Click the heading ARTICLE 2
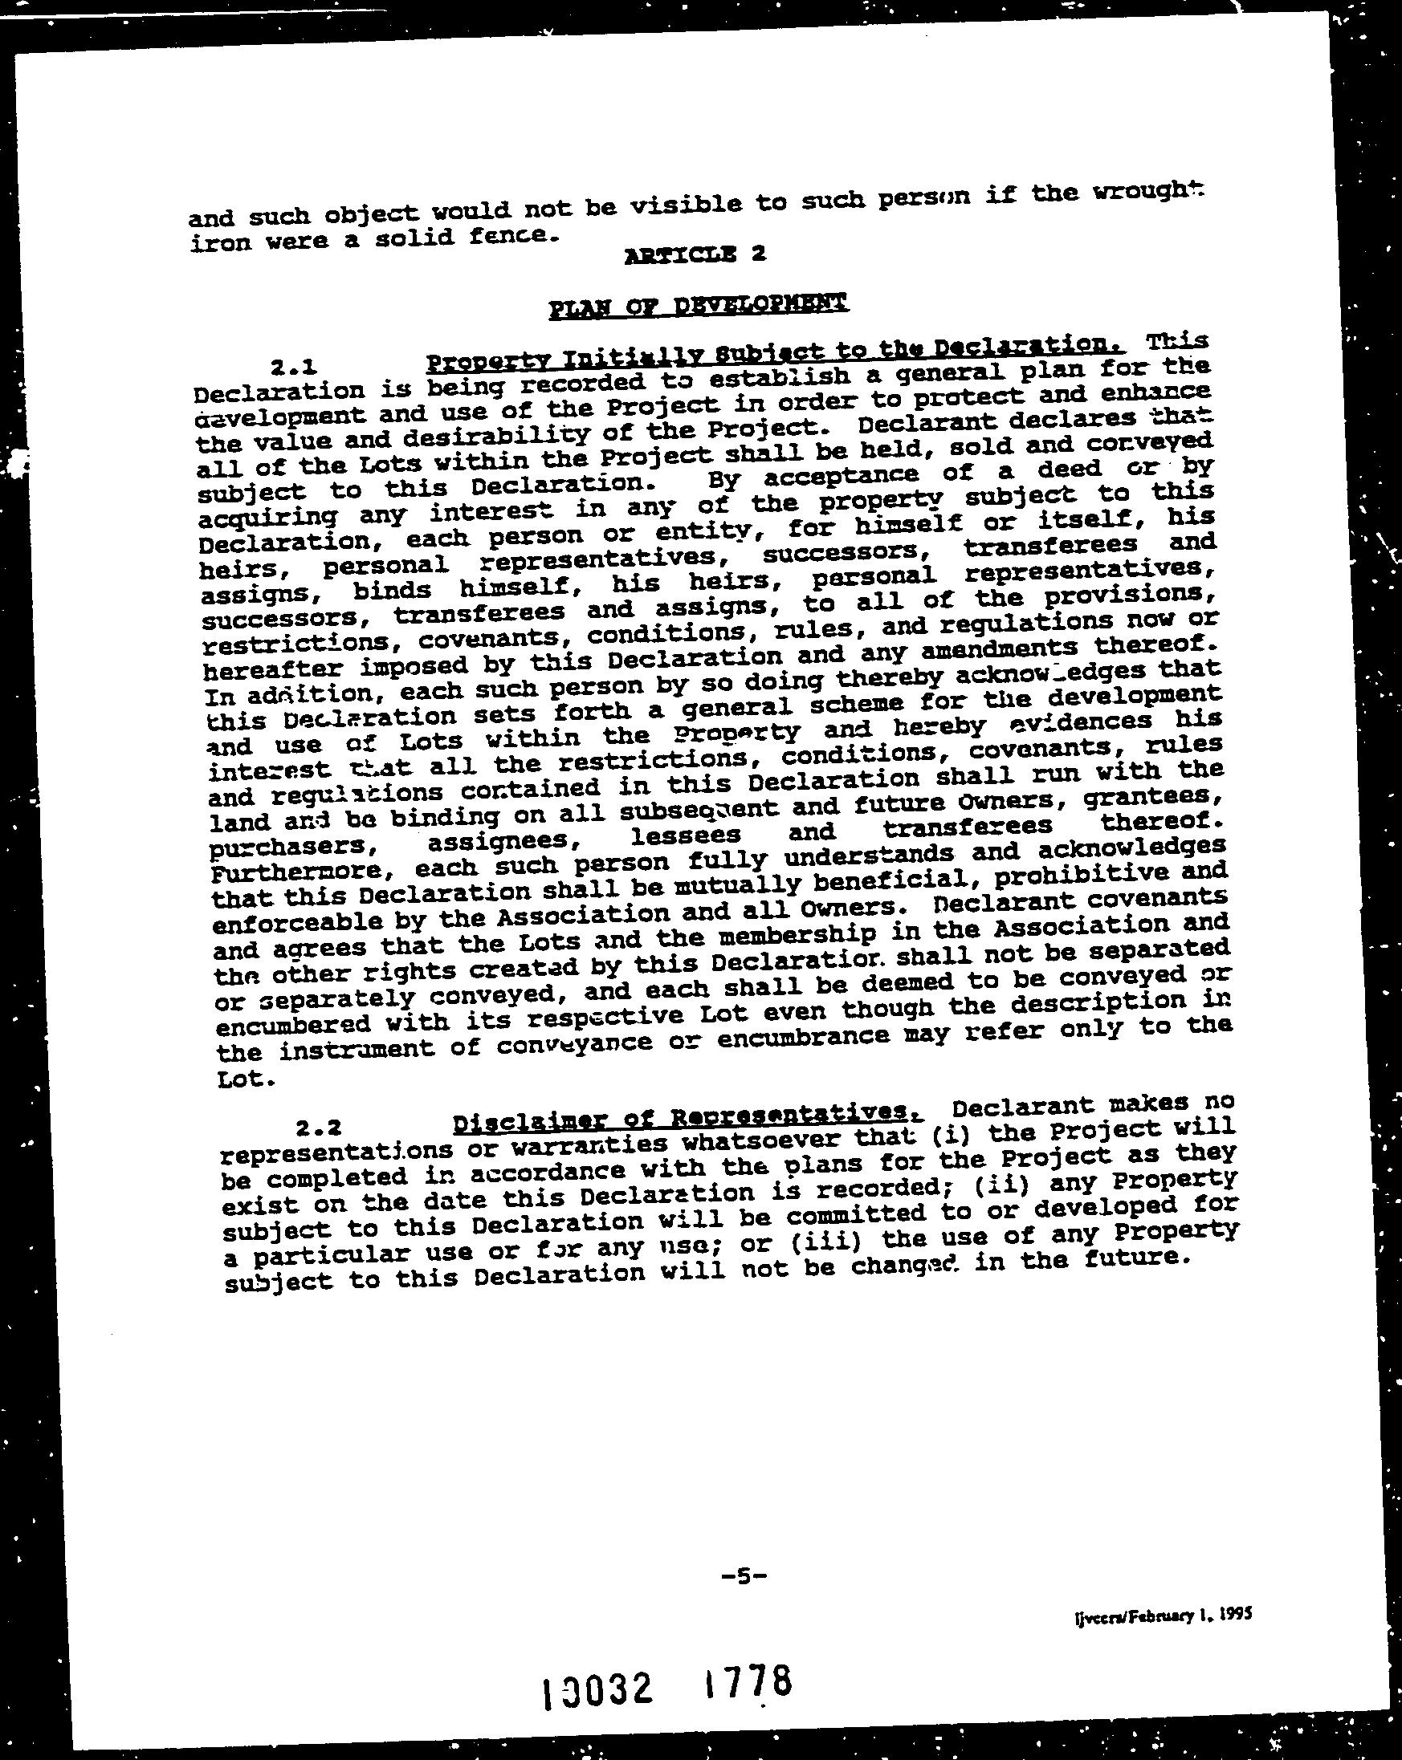click(694, 254)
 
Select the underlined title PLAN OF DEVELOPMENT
click(698, 306)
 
